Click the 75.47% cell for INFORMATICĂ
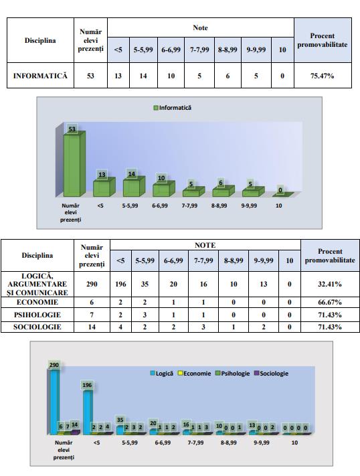323,76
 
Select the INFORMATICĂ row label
40,76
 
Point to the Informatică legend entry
173,108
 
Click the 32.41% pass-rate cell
330,284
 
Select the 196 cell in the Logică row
120,284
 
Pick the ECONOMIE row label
37,303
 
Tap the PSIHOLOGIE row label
37,315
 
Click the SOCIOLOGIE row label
37,327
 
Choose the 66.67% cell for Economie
330,303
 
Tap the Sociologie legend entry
271,374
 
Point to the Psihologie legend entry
232,374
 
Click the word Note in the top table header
200,27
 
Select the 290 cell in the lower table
92,284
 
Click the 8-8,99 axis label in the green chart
219,206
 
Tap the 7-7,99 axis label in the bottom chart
195,443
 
